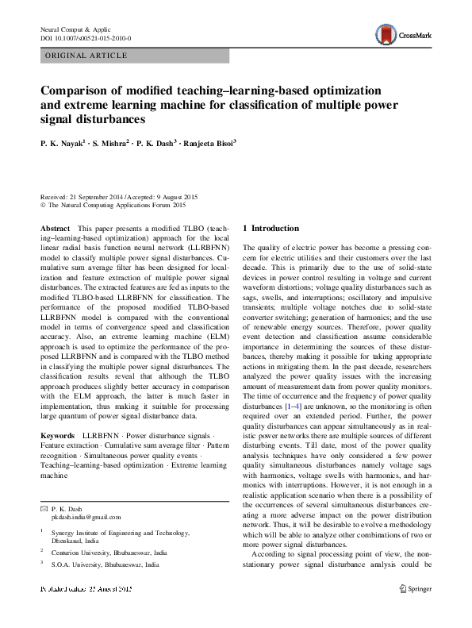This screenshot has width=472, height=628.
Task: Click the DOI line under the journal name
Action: coord(85,38)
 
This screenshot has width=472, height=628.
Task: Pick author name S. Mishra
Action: coord(107,145)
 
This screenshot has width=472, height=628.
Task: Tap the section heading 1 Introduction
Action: coord(271,229)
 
